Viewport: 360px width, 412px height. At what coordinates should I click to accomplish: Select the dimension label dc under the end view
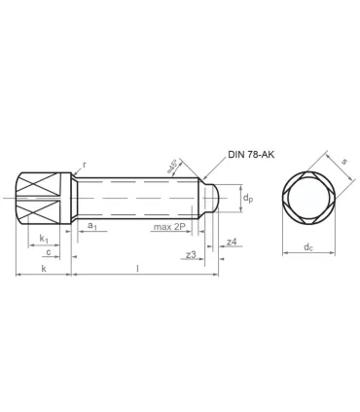(x=307, y=247)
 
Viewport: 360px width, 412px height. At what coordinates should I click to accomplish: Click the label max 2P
(x=169, y=227)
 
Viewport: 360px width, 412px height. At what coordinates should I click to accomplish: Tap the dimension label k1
(x=43, y=238)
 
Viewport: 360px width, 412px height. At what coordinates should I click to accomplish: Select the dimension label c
(x=47, y=252)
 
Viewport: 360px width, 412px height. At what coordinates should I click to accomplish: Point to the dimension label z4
(x=231, y=241)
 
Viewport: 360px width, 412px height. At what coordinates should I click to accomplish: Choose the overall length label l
(x=136, y=267)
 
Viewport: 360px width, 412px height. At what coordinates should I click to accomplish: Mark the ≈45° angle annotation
(x=172, y=167)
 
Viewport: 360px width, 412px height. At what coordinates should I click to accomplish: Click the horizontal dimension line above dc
(x=307, y=255)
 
